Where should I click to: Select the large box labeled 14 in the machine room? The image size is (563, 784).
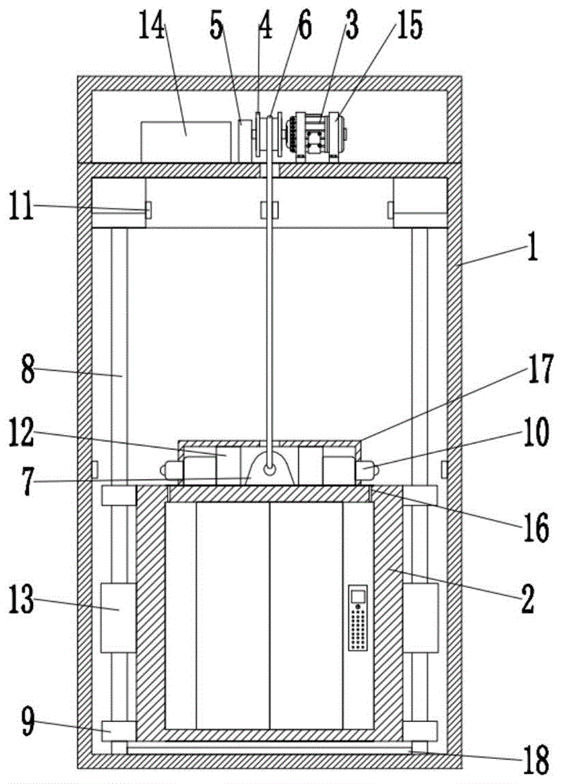click(x=187, y=141)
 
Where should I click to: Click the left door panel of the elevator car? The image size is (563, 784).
click(x=232, y=615)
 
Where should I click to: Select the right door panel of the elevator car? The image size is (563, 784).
click(x=306, y=615)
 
